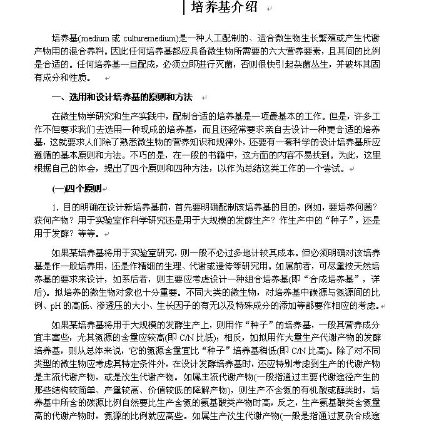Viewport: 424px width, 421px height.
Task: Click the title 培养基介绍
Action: point(223,7)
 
